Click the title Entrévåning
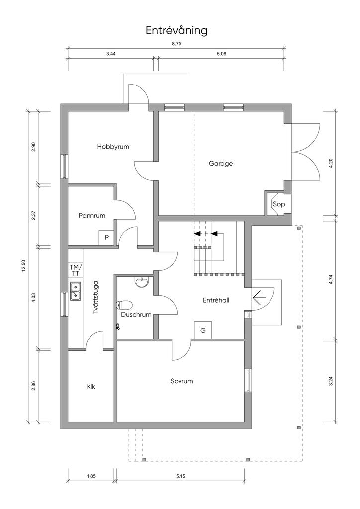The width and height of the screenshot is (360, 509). (177, 31)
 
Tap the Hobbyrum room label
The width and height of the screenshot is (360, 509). (113, 147)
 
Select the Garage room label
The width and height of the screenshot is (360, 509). (221, 163)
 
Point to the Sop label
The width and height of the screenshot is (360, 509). (278, 204)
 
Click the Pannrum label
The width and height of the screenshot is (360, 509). (92, 216)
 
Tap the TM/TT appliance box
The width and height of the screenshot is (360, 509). (75, 270)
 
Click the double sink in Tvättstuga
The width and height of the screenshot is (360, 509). (76, 291)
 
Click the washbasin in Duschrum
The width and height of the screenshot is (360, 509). (142, 282)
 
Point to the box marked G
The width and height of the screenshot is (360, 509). (203, 330)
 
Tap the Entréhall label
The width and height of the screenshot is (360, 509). (216, 300)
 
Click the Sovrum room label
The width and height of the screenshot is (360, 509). (181, 381)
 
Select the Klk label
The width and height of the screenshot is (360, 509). (91, 386)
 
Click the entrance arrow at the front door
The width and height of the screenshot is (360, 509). (259, 298)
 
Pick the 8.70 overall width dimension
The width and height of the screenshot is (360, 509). (176, 44)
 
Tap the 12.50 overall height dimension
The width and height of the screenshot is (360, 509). (23, 266)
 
